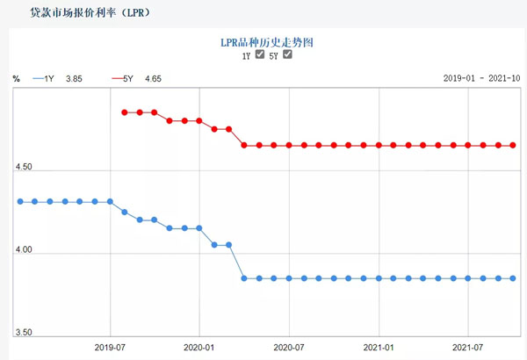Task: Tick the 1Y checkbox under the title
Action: click(x=260, y=54)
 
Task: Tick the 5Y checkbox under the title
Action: click(x=287, y=54)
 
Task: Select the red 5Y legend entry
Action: click(x=122, y=79)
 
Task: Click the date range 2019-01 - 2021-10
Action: click(x=481, y=79)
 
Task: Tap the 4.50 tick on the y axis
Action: click(x=24, y=168)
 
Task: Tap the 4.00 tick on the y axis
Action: click(x=24, y=251)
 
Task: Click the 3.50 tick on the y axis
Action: click(x=24, y=334)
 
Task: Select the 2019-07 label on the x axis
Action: click(x=110, y=347)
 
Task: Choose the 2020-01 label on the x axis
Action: click(x=199, y=347)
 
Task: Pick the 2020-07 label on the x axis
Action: click(x=289, y=347)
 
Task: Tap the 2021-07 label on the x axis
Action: click(x=467, y=347)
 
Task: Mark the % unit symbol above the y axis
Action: click(x=16, y=79)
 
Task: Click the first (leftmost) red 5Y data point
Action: click(x=125, y=112)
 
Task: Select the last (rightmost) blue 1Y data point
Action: click(x=513, y=278)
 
